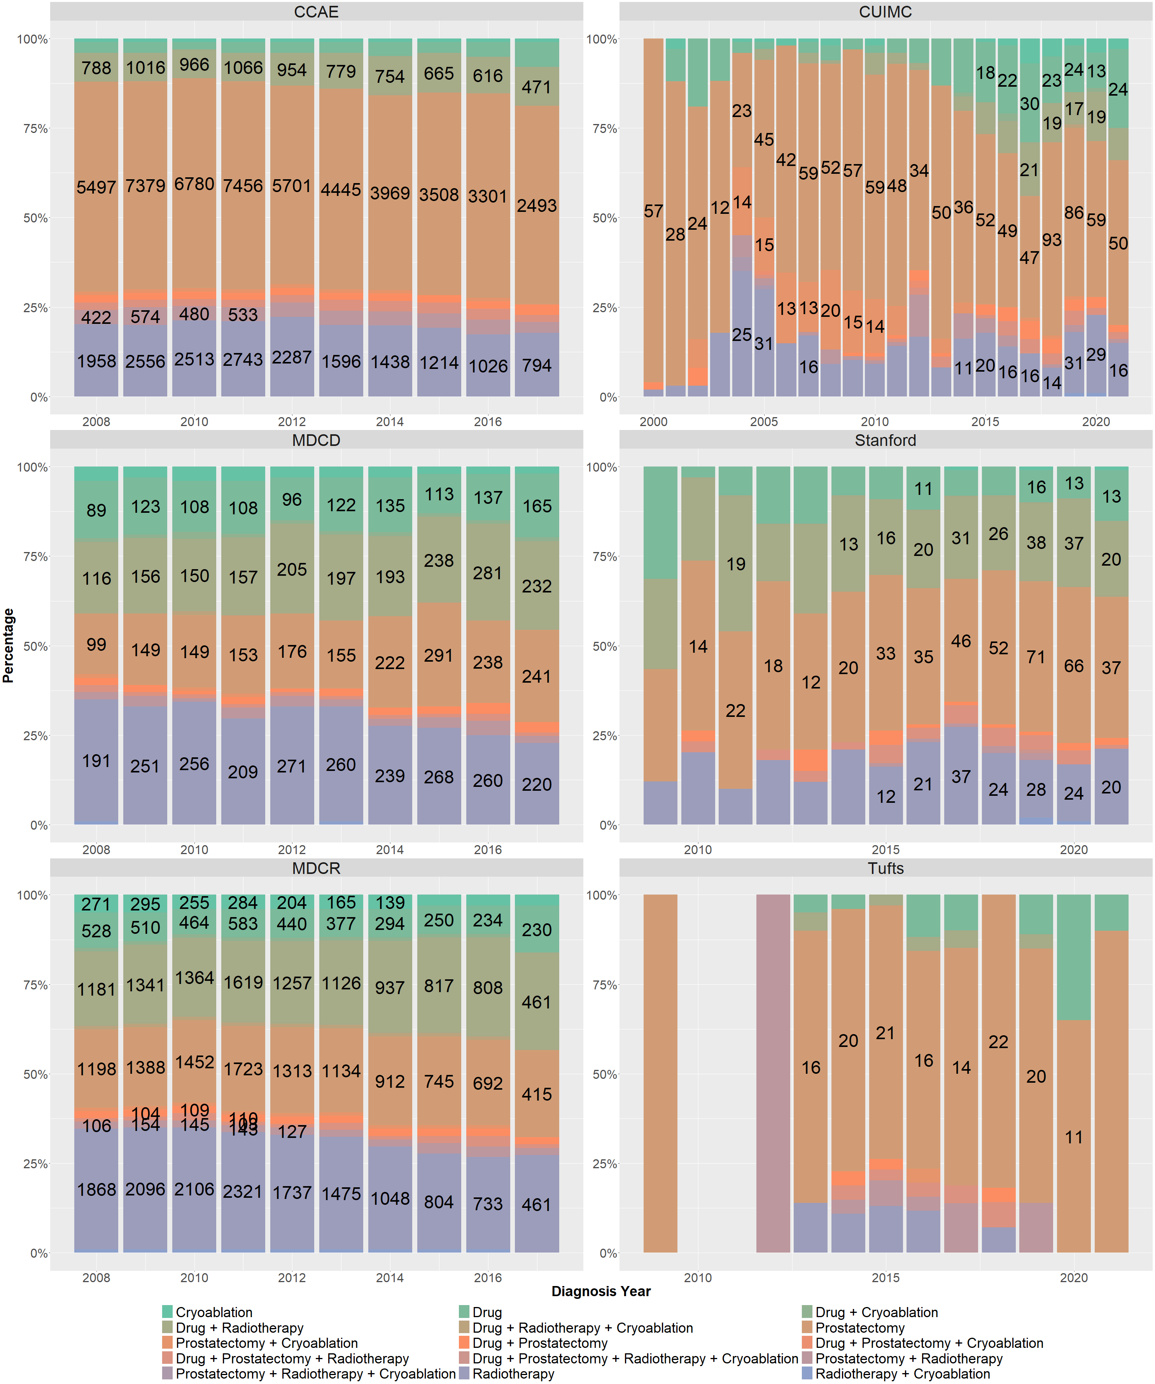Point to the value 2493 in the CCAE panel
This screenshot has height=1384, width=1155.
coord(537,206)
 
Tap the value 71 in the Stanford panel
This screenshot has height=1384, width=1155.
coord(1036,657)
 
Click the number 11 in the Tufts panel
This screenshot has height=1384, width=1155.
coord(1073,1137)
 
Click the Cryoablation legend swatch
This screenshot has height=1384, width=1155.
coord(168,1312)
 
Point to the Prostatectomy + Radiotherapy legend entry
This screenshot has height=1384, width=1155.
coord(908,1358)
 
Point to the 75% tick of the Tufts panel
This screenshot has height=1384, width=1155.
coord(601,985)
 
